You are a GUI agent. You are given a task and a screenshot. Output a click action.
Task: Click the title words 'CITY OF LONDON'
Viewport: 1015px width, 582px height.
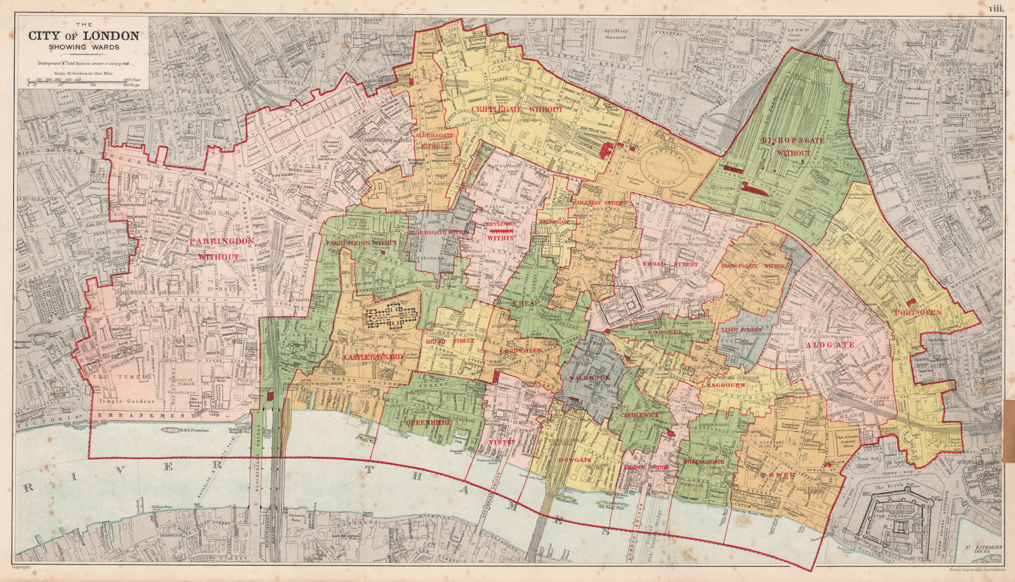pyautogui.click(x=83, y=36)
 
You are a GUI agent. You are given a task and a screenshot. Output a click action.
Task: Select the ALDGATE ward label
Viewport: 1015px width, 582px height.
pyautogui.click(x=830, y=345)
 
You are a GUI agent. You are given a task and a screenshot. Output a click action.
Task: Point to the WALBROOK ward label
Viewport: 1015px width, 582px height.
pyautogui.click(x=590, y=378)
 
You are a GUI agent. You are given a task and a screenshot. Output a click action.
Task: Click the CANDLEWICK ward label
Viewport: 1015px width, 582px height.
pyautogui.click(x=635, y=415)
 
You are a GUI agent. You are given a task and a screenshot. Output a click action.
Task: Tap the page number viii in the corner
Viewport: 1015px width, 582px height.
pyautogui.click(x=997, y=8)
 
